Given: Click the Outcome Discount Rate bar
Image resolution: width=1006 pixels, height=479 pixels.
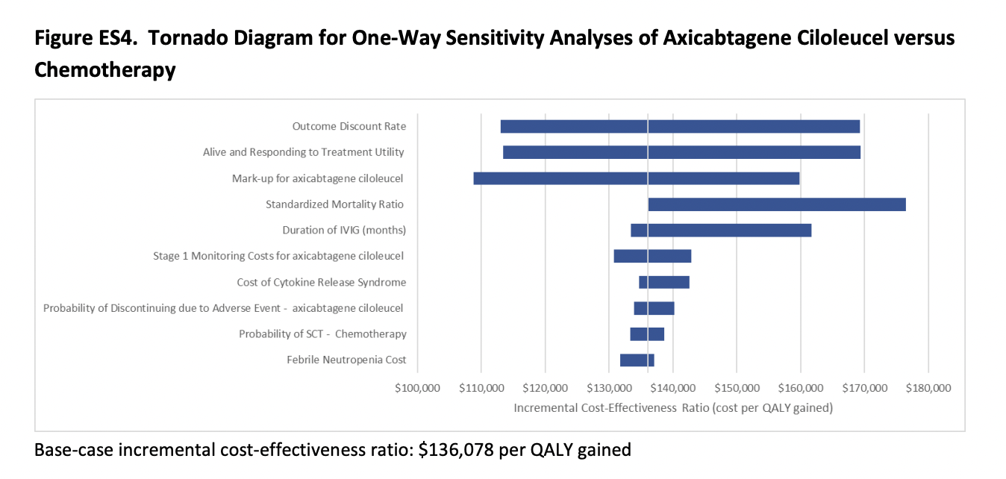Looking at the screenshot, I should tap(680, 127).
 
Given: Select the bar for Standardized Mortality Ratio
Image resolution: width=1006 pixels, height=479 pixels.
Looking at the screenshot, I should tap(777, 204).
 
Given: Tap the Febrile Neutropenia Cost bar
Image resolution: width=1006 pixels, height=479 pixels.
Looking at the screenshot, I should tap(637, 360).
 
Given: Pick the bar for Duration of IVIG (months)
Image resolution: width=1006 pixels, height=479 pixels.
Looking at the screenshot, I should tap(721, 231).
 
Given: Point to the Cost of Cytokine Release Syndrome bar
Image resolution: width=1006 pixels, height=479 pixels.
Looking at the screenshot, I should tap(664, 282).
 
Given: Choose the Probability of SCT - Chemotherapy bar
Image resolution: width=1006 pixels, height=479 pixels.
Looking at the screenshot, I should tap(647, 334).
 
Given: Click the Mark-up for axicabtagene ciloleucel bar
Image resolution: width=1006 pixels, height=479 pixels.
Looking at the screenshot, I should tap(637, 178).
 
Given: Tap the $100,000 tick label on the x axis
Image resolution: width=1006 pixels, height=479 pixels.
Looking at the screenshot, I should tap(417, 388).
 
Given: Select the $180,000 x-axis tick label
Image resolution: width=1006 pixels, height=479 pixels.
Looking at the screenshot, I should tap(928, 388).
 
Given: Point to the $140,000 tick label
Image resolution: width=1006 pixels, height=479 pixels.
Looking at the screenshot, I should tap(673, 388).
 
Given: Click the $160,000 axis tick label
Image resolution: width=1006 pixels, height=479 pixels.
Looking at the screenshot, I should tap(801, 388).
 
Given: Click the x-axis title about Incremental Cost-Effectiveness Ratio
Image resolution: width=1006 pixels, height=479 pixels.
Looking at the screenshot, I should tap(672, 408).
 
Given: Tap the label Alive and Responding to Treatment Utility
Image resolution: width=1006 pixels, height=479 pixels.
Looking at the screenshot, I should tap(304, 152).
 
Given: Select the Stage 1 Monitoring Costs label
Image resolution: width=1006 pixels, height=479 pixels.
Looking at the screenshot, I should tap(278, 256).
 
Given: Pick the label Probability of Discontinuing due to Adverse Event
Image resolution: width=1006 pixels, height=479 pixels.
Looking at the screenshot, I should tap(223, 308).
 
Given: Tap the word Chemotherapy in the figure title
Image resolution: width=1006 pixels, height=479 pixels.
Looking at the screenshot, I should tap(105, 70).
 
